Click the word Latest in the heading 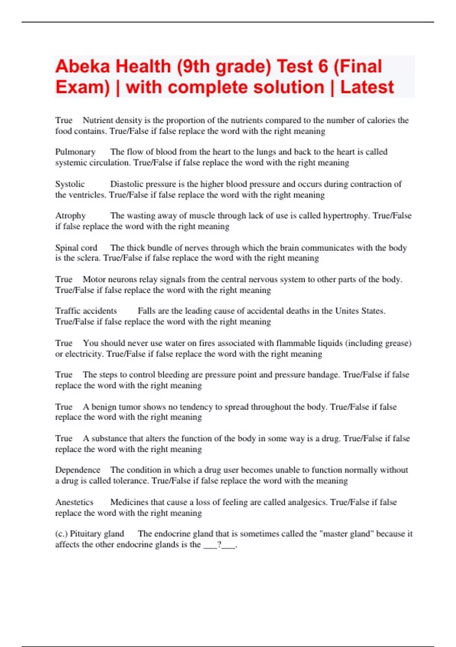pos(367,88)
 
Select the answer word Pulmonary pos(75,152)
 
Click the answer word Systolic pos(70,184)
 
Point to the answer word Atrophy pos(70,216)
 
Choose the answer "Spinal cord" pos(76,248)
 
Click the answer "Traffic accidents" pos(86,311)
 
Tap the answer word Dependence pos(78,470)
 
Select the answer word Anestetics pos(74,502)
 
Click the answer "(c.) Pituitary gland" pos(90,534)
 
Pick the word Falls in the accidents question pos(147,311)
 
